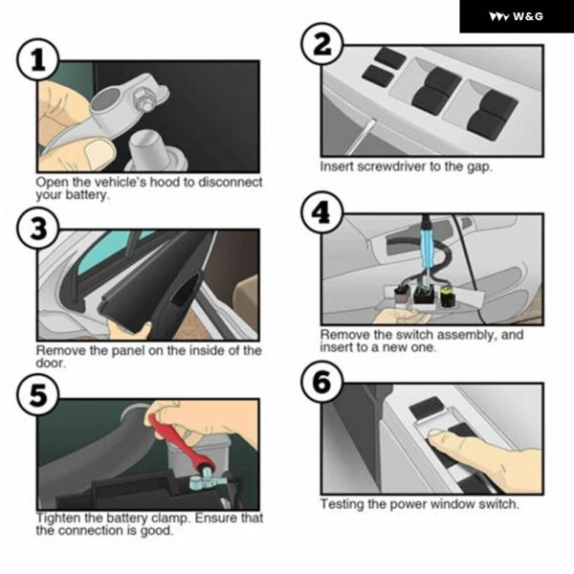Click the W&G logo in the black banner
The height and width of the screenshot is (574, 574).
point(516,16)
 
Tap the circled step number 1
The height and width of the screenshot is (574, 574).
point(38,59)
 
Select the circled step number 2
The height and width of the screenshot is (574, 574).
point(322,44)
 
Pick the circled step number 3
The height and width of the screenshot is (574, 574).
point(38,229)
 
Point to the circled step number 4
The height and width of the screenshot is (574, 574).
point(322,212)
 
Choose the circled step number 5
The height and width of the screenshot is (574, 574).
point(38,395)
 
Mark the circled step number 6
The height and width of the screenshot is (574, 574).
point(322,382)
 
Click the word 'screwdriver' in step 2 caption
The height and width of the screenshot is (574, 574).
point(391,166)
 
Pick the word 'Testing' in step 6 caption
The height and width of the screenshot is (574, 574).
point(342,504)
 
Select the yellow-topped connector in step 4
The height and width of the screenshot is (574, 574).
point(446,296)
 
